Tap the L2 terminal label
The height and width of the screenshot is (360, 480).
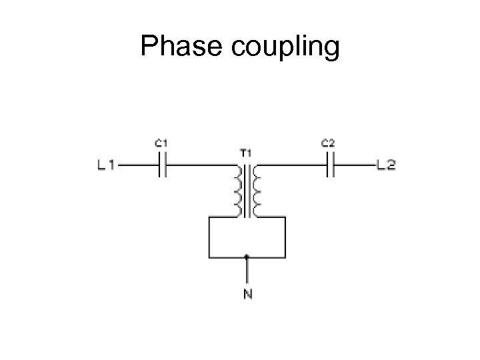386,165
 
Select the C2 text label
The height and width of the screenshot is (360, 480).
328,143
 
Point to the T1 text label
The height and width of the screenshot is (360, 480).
245,152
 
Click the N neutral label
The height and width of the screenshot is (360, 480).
247,294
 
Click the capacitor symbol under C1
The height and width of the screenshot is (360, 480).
161,165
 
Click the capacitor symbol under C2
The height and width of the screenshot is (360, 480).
329,165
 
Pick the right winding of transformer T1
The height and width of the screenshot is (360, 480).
257,192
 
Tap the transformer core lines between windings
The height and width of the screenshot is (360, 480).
247,192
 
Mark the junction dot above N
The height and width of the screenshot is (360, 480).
247,256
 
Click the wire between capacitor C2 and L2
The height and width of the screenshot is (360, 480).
353,165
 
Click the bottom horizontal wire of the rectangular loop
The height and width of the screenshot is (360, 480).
227,256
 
